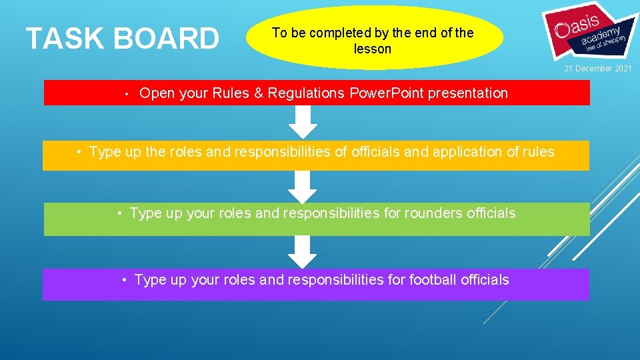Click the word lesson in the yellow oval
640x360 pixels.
click(373, 49)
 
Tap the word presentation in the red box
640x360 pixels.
click(467, 93)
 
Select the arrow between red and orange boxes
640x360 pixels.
click(303, 122)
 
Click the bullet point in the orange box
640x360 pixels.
click(79, 153)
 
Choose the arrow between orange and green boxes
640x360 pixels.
click(303, 186)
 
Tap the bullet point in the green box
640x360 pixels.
click(119, 214)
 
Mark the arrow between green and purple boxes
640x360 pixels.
click(303, 251)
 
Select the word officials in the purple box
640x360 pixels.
click(484, 280)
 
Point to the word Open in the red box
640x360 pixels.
click(157, 93)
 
